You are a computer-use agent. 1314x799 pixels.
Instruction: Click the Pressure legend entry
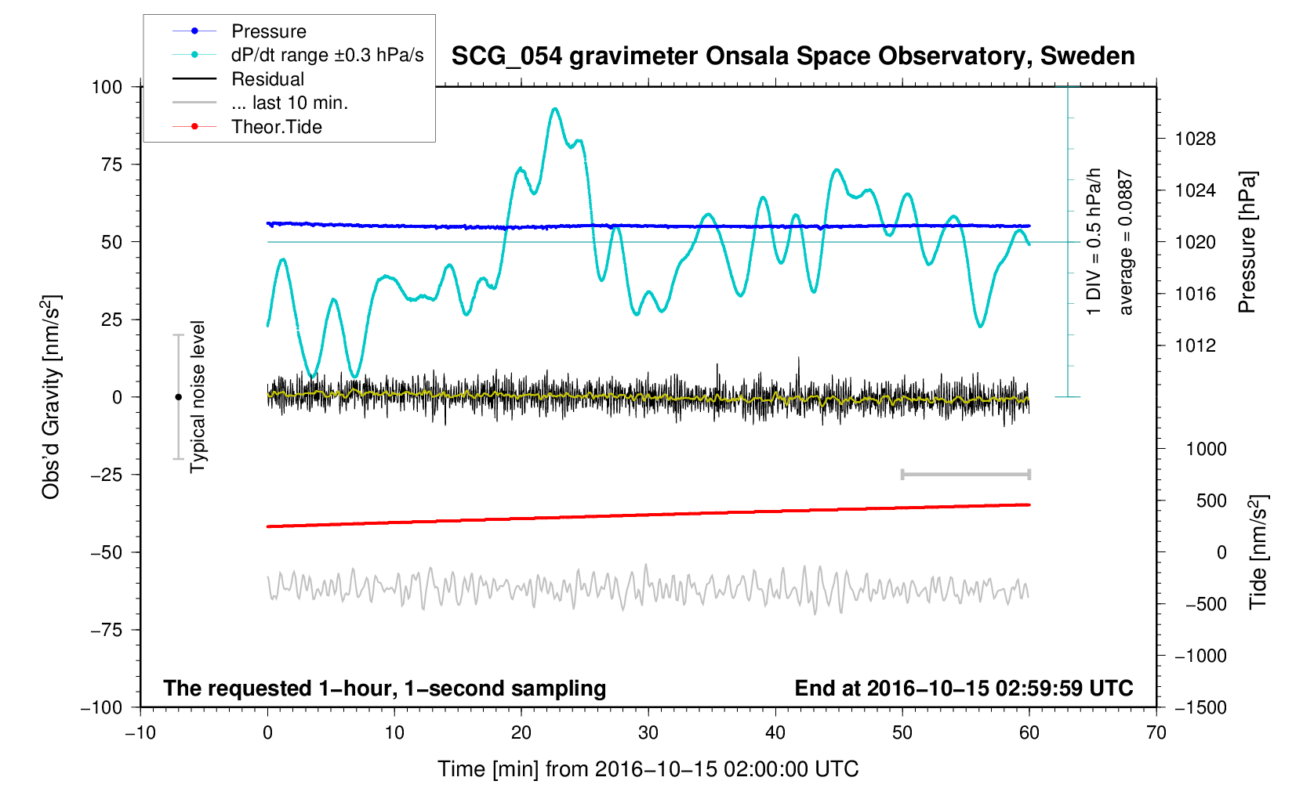(268, 31)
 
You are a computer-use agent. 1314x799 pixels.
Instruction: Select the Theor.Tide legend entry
(276, 127)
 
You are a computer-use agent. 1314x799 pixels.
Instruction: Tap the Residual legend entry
(267, 79)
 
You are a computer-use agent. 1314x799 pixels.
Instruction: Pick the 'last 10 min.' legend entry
(289, 103)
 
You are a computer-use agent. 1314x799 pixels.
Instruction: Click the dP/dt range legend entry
(327, 55)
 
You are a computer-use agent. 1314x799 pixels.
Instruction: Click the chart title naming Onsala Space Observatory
(793, 56)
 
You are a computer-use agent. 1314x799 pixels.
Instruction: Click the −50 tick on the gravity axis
(107, 552)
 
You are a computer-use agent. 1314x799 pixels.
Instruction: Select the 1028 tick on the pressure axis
(1195, 139)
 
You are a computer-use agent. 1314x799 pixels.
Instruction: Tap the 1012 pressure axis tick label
(1195, 345)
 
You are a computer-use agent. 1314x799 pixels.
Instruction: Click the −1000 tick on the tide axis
(1200, 656)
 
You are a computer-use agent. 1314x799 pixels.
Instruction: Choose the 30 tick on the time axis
(648, 733)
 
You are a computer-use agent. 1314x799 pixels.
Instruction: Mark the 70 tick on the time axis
(1156, 733)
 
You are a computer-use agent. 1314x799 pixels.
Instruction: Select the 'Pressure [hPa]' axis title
(1247, 243)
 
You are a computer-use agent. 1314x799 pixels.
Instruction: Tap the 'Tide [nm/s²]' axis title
(1258, 552)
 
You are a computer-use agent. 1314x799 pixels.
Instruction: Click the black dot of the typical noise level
(178, 397)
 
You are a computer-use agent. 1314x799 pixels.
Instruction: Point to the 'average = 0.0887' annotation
(1126, 243)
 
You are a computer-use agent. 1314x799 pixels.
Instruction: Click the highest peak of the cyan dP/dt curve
(555, 109)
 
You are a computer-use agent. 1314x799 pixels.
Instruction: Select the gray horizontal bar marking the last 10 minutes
(965, 475)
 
